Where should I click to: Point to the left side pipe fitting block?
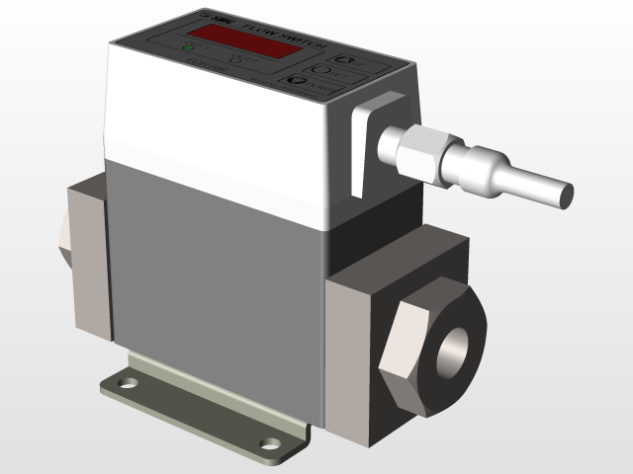point(87,253)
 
